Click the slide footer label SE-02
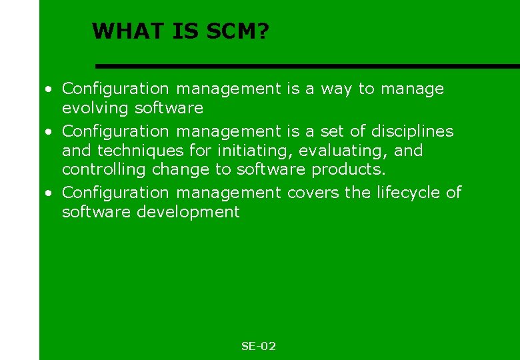pyautogui.click(x=259, y=346)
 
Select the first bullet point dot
pyautogui.click(x=49, y=89)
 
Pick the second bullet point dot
pyautogui.click(x=49, y=131)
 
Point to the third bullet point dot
pyautogui.click(x=49, y=193)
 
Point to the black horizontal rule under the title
pyautogui.click(x=307, y=66)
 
